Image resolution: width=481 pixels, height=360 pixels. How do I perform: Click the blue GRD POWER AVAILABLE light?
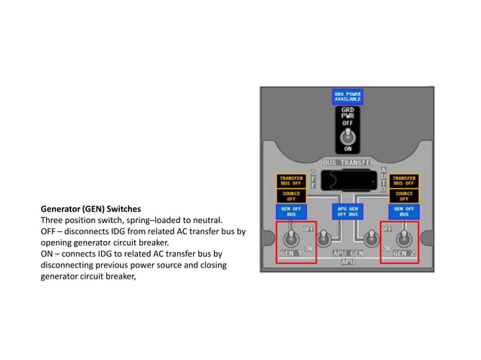point(348,96)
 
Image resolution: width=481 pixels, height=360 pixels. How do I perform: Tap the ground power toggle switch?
point(348,136)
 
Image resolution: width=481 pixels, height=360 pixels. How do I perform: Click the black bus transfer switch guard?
point(348,179)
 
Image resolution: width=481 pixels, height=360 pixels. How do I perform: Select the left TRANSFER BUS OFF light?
point(292,181)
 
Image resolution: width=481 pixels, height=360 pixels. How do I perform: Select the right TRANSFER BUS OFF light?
point(404,181)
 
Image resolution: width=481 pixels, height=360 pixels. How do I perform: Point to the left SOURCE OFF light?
point(292,196)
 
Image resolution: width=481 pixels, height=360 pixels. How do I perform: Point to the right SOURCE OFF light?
point(404,196)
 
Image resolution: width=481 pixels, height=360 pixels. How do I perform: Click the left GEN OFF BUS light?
point(292,212)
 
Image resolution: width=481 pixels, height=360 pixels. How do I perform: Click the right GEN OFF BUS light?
point(404,212)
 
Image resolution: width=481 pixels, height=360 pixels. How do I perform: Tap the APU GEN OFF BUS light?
point(348,212)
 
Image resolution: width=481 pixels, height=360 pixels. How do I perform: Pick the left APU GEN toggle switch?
point(323,239)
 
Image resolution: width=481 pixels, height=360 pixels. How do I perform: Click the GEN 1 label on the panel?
point(290,254)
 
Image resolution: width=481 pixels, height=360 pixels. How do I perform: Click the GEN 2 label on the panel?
point(403,254)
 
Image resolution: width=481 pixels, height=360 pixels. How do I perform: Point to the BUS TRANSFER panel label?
point(348,163)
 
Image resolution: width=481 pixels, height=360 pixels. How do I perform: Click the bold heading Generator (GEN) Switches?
point(90,208)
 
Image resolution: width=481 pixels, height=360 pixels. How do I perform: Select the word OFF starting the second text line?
point(50,231)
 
